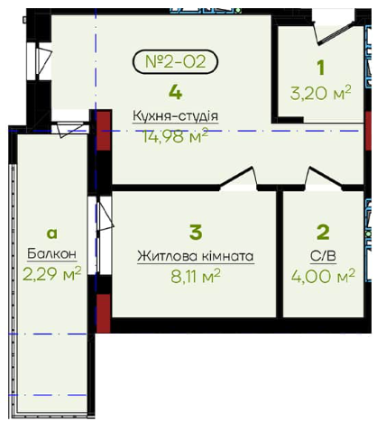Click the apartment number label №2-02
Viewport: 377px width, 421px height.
click(175, 61)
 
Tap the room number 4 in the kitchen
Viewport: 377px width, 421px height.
click(176, 92)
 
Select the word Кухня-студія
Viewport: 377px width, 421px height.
click(176, 116)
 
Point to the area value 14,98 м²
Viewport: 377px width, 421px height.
click(176, 136)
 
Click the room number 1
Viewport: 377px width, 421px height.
click(321, 68)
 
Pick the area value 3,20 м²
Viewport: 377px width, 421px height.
click(320, 93)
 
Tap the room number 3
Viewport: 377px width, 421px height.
click(196, 233)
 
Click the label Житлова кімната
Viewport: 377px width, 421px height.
click(196, 256)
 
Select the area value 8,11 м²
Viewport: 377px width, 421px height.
click(196, 276)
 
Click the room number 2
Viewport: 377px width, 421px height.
click(323, 233)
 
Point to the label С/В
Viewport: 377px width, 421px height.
click(323, 256)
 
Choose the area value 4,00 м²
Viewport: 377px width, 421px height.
click(323, 276)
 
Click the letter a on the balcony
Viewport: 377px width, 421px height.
click(52, 233)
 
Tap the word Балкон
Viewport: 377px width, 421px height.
click(52, 254)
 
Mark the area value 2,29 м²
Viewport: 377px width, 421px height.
click(52, 274)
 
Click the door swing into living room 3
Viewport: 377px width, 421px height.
click(239, 178)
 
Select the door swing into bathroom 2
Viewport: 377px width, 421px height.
click(325, 178)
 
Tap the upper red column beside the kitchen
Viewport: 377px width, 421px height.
click(104, 130)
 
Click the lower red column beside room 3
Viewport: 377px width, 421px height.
click(104, 313)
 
